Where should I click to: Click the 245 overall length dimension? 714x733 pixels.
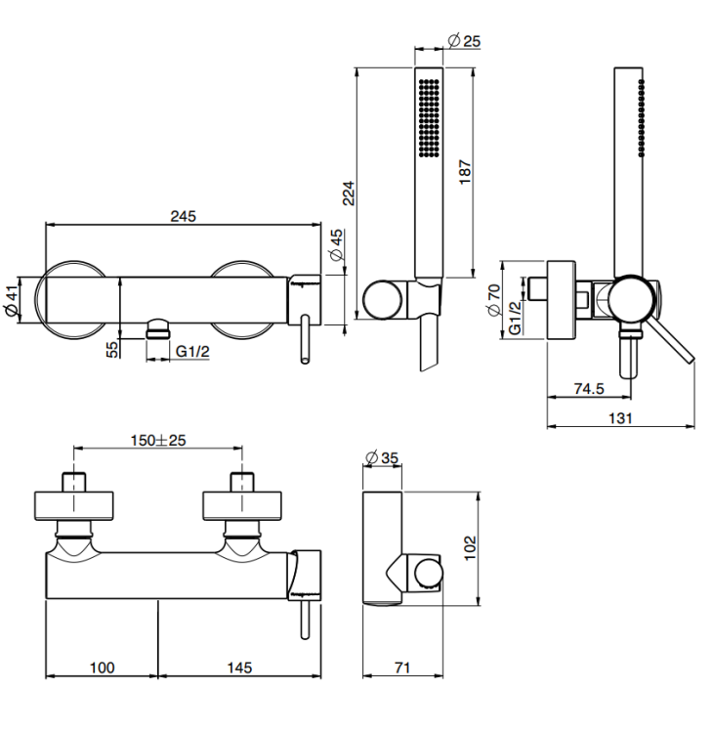tap(184, 216)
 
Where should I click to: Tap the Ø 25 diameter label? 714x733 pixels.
tap(464, 41)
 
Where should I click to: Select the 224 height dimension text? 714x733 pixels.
tap(349, 194)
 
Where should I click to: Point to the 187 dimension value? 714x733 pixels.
tap(465, 172)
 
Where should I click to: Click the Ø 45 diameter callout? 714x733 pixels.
tap(336, 244)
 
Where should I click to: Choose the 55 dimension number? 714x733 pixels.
tap(112, 349)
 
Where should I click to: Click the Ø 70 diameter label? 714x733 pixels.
tap(493, 300)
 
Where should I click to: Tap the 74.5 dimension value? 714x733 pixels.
tap(589, 388)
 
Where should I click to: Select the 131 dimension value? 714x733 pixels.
tap(620, 417)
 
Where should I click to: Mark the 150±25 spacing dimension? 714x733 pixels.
tap(158, 440)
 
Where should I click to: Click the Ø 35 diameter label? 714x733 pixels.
tap(382, 457)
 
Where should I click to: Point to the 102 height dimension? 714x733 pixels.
tap(470, 548)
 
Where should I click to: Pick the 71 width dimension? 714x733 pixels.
tap(402, 668)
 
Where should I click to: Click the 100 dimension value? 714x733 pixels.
tap(102, 668)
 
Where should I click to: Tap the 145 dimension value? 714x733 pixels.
tap(239, 668)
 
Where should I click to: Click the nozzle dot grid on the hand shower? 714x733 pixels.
tap(429, 117)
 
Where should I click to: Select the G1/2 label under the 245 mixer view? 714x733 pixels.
tap(192, 351)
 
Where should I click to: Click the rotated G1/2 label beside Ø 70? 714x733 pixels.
tap(515, 318)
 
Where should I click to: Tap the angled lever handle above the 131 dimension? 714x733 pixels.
tap(669, 340)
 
